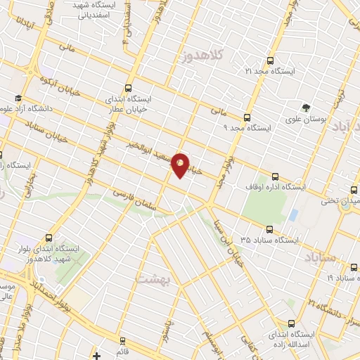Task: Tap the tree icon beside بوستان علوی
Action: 306,108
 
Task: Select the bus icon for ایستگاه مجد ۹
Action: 247,117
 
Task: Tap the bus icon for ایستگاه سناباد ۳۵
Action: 271,229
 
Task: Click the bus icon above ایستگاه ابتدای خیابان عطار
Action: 128,88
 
